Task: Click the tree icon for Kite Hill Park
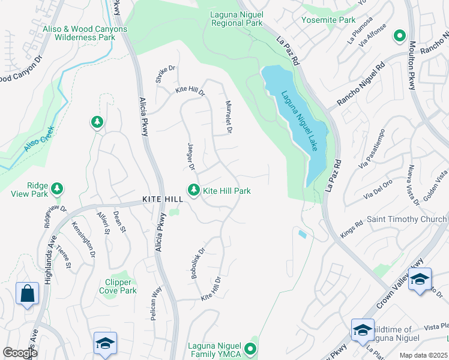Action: pos(193,190)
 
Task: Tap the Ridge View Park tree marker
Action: pos(57,190)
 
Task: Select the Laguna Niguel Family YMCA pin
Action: pos(251,348)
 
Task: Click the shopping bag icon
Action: pos(28,295)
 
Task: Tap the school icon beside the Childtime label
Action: pos(363,331)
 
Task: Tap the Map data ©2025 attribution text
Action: pos(423,355)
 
